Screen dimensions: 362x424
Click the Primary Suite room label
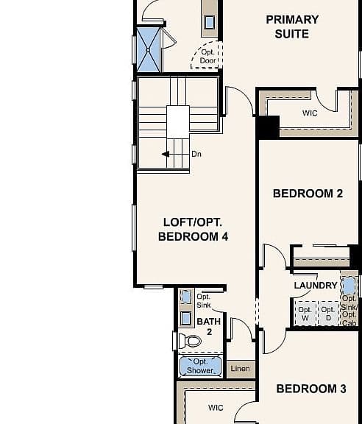point(292,26)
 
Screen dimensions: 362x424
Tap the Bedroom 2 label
point(308,194)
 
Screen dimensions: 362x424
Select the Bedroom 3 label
point(311,389)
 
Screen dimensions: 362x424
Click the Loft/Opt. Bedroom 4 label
point(193,230)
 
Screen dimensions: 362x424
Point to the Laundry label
point(316,286)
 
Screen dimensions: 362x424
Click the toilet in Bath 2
point(190,341)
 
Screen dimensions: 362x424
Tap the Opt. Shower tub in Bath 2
point(200,366)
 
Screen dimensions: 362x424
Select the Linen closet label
point(241,369)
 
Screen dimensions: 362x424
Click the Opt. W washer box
point(305,314)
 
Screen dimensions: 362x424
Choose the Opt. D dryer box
point(328,314)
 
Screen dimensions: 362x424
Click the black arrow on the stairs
point(166,154)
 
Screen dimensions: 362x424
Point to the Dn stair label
point(196,154)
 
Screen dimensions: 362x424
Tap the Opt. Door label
point(208,56)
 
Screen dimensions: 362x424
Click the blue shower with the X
point(148,50)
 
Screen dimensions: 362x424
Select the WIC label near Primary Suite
point(310,113)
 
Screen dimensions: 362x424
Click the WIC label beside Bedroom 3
point(216,408)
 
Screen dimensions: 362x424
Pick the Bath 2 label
point(209,326)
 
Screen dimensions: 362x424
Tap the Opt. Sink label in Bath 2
point(204,301)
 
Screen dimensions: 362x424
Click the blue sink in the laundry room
point(349,286)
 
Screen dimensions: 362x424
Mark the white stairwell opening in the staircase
point(178,122)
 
